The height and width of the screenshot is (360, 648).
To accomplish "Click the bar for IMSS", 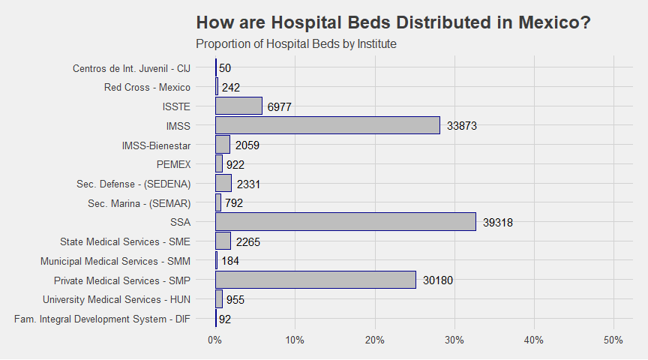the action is [328, 125].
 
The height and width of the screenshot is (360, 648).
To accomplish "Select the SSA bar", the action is [346, 221].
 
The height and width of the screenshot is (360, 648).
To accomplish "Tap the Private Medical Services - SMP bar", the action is [316, 280].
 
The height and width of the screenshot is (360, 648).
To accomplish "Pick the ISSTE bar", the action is [238, 106].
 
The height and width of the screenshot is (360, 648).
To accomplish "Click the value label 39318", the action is [498, 222].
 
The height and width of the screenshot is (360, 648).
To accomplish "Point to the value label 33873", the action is [462, 126].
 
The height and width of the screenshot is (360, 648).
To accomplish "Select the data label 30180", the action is [438, 280].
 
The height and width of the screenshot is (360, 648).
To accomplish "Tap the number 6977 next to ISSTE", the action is [280, 107].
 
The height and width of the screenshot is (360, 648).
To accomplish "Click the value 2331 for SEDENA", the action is [248, 184].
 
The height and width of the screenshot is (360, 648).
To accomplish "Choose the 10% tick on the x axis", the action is [295, 340].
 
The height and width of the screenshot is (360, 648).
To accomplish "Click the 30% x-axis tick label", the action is [454, 340].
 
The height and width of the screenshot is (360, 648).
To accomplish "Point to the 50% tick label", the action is [613, 340].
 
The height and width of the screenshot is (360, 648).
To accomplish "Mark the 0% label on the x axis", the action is [215, 340].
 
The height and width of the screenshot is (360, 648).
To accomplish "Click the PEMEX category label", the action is [173, 164].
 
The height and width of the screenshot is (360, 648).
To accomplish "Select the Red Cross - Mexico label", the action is [147, 87].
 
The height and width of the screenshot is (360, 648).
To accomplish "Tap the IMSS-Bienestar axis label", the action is [156, 145].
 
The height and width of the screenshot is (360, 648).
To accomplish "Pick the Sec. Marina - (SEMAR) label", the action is [139, 203].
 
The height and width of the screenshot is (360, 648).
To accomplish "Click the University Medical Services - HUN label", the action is [116, 299].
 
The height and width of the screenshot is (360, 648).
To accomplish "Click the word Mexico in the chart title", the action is [554, 22].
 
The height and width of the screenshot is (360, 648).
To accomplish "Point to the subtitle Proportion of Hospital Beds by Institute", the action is [296, 43].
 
